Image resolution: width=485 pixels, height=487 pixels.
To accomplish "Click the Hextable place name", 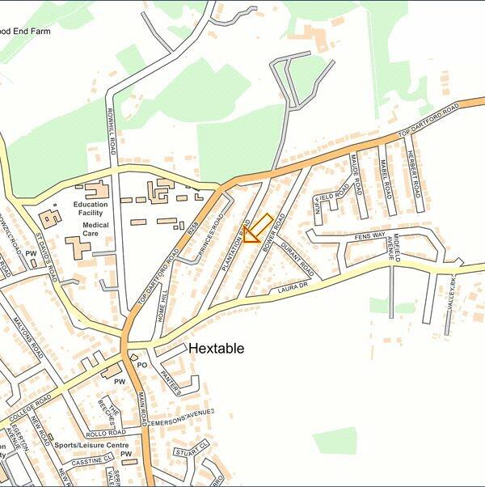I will click(x=216, y=349).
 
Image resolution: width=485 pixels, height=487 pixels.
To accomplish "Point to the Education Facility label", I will click(x=91, y=210).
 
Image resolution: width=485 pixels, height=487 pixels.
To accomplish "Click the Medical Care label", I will click(x=95, y=229).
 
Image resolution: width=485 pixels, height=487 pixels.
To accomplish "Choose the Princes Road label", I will click(x=211, y=235).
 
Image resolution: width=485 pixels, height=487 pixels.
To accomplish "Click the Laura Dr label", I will click(x=293, y=287).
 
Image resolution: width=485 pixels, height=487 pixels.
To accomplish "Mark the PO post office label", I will click(x=141, y=366).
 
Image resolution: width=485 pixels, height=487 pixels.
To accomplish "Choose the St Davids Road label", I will click(x=46, y=257).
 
